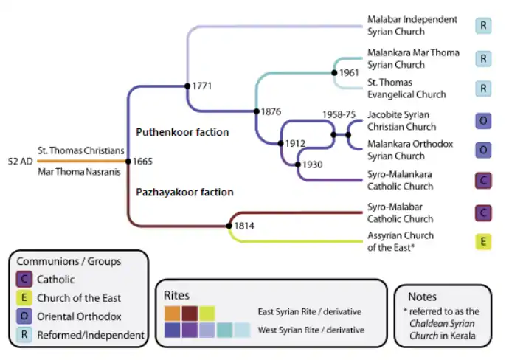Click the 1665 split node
128,160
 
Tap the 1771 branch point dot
187,86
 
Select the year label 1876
271,112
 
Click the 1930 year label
312,165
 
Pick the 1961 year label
349,72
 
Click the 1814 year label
244,226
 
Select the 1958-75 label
339,115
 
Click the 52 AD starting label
20,160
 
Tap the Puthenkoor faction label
182,133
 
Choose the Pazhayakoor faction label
184,193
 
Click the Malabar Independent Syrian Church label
412,26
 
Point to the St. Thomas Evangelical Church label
406,89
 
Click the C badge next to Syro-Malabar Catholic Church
483,213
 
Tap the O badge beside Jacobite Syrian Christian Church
483,120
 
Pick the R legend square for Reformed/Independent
24,336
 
